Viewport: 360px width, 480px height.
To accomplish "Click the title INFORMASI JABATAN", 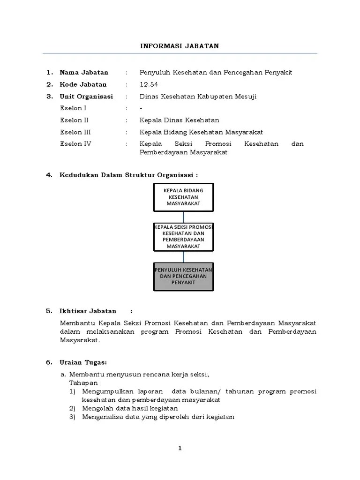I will point(180,46).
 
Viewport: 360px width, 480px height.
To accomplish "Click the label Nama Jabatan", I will point(84,72).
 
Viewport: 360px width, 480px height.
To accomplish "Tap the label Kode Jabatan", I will point(83,84).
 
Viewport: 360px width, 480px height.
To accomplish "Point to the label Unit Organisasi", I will point(86,97).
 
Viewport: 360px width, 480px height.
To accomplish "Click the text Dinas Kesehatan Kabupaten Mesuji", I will point(198,97).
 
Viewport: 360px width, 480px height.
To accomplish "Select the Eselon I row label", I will point(73,108).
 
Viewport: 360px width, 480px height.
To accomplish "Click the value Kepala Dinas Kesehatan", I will point(179,120).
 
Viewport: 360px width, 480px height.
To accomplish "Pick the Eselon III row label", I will point(75,132).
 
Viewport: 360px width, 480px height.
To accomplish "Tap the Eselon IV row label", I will point(75,144).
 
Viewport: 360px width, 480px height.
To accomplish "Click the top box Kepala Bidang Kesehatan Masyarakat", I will point(183,197).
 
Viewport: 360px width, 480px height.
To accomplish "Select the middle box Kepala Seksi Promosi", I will point(183,236).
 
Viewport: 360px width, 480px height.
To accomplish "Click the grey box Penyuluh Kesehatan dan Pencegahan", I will point(183,276).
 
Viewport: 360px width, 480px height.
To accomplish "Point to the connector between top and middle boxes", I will point(183,217).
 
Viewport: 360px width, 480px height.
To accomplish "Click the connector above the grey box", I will point(183,256).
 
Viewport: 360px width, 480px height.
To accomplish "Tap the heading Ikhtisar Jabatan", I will point(88,311).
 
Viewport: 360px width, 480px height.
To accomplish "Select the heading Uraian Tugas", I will point(83,362).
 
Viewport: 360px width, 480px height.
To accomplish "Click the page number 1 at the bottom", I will point(180,449).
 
